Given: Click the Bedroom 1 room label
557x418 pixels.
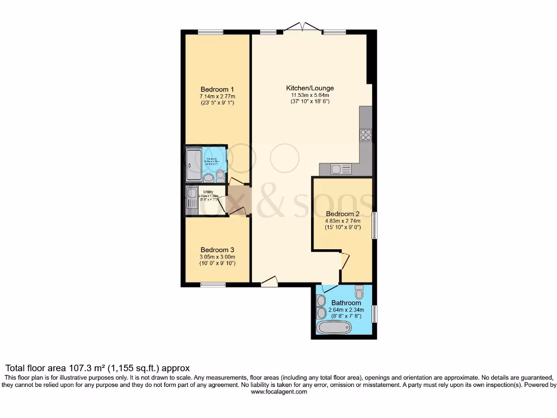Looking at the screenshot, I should click(217, 90).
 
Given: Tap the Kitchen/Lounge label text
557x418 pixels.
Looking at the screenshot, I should click(310, 88).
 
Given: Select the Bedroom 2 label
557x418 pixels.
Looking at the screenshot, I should click(343, 214).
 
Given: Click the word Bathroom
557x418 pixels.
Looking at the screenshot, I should click(346, 303).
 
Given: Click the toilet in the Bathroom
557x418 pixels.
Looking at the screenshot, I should click(359, 288).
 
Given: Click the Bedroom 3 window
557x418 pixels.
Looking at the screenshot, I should click(213, 285).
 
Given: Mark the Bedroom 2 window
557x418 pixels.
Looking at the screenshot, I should click(374, 224).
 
